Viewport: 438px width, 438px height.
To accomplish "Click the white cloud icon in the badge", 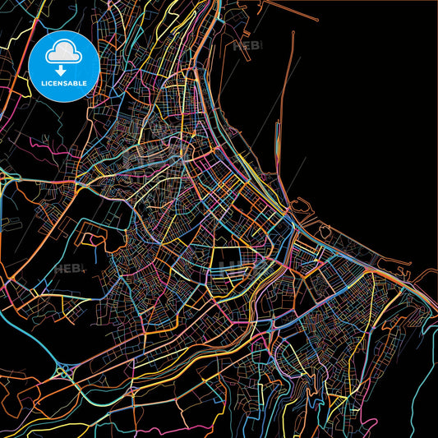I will [x=62, y=53].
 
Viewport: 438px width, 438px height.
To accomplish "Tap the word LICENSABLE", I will [x=63, y=82].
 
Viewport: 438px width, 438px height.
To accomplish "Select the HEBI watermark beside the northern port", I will [x=247, y=47].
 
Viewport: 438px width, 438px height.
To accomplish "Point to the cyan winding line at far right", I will [x=427, y=345].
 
